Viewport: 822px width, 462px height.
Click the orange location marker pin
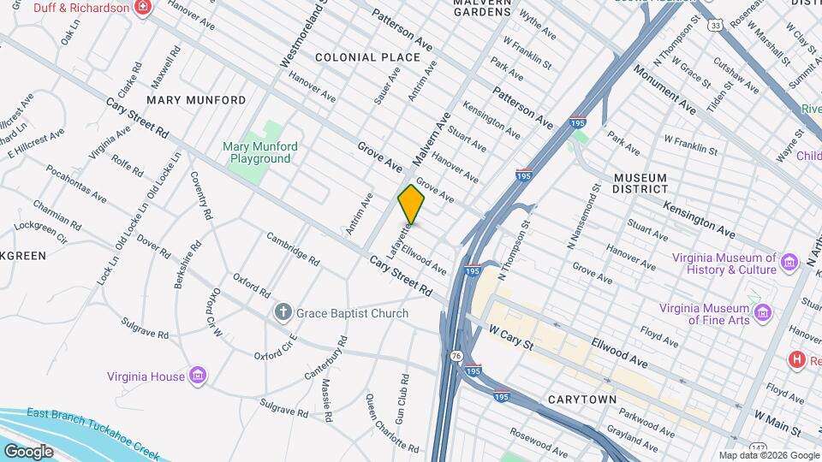(412, 204)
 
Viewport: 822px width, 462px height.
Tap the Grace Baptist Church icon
(283, 313)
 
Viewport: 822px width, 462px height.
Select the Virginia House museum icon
(198, 376)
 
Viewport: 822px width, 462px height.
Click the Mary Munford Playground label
(260, 152)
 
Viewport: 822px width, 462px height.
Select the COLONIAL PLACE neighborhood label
(367, 57)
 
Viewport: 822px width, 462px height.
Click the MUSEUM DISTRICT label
(640, 182)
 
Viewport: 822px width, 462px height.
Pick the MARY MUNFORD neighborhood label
(196, 100)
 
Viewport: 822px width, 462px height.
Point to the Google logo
(28, 451)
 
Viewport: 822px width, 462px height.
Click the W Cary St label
(511, 336)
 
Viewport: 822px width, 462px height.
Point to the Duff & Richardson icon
(143, 8)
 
